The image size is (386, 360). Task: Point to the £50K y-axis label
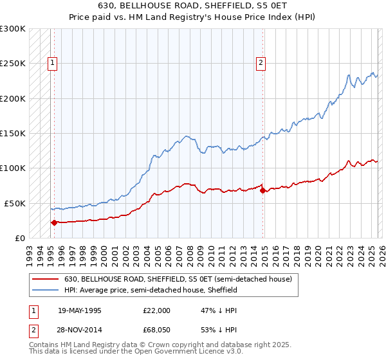[x=14, y=203]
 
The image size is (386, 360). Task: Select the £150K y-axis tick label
[x=12, y=134]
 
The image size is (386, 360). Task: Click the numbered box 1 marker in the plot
[x=51, y=63]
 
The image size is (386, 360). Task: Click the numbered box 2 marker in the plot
[x=261, y=63]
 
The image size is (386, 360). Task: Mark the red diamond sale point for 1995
[x=55, y=222]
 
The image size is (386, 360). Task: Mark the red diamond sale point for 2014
[x=262, y=190]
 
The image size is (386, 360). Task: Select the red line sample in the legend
[x=44, y=280]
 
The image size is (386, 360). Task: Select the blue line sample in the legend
[x=44, y=290]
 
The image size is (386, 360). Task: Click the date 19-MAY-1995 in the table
[x=79, y=310]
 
